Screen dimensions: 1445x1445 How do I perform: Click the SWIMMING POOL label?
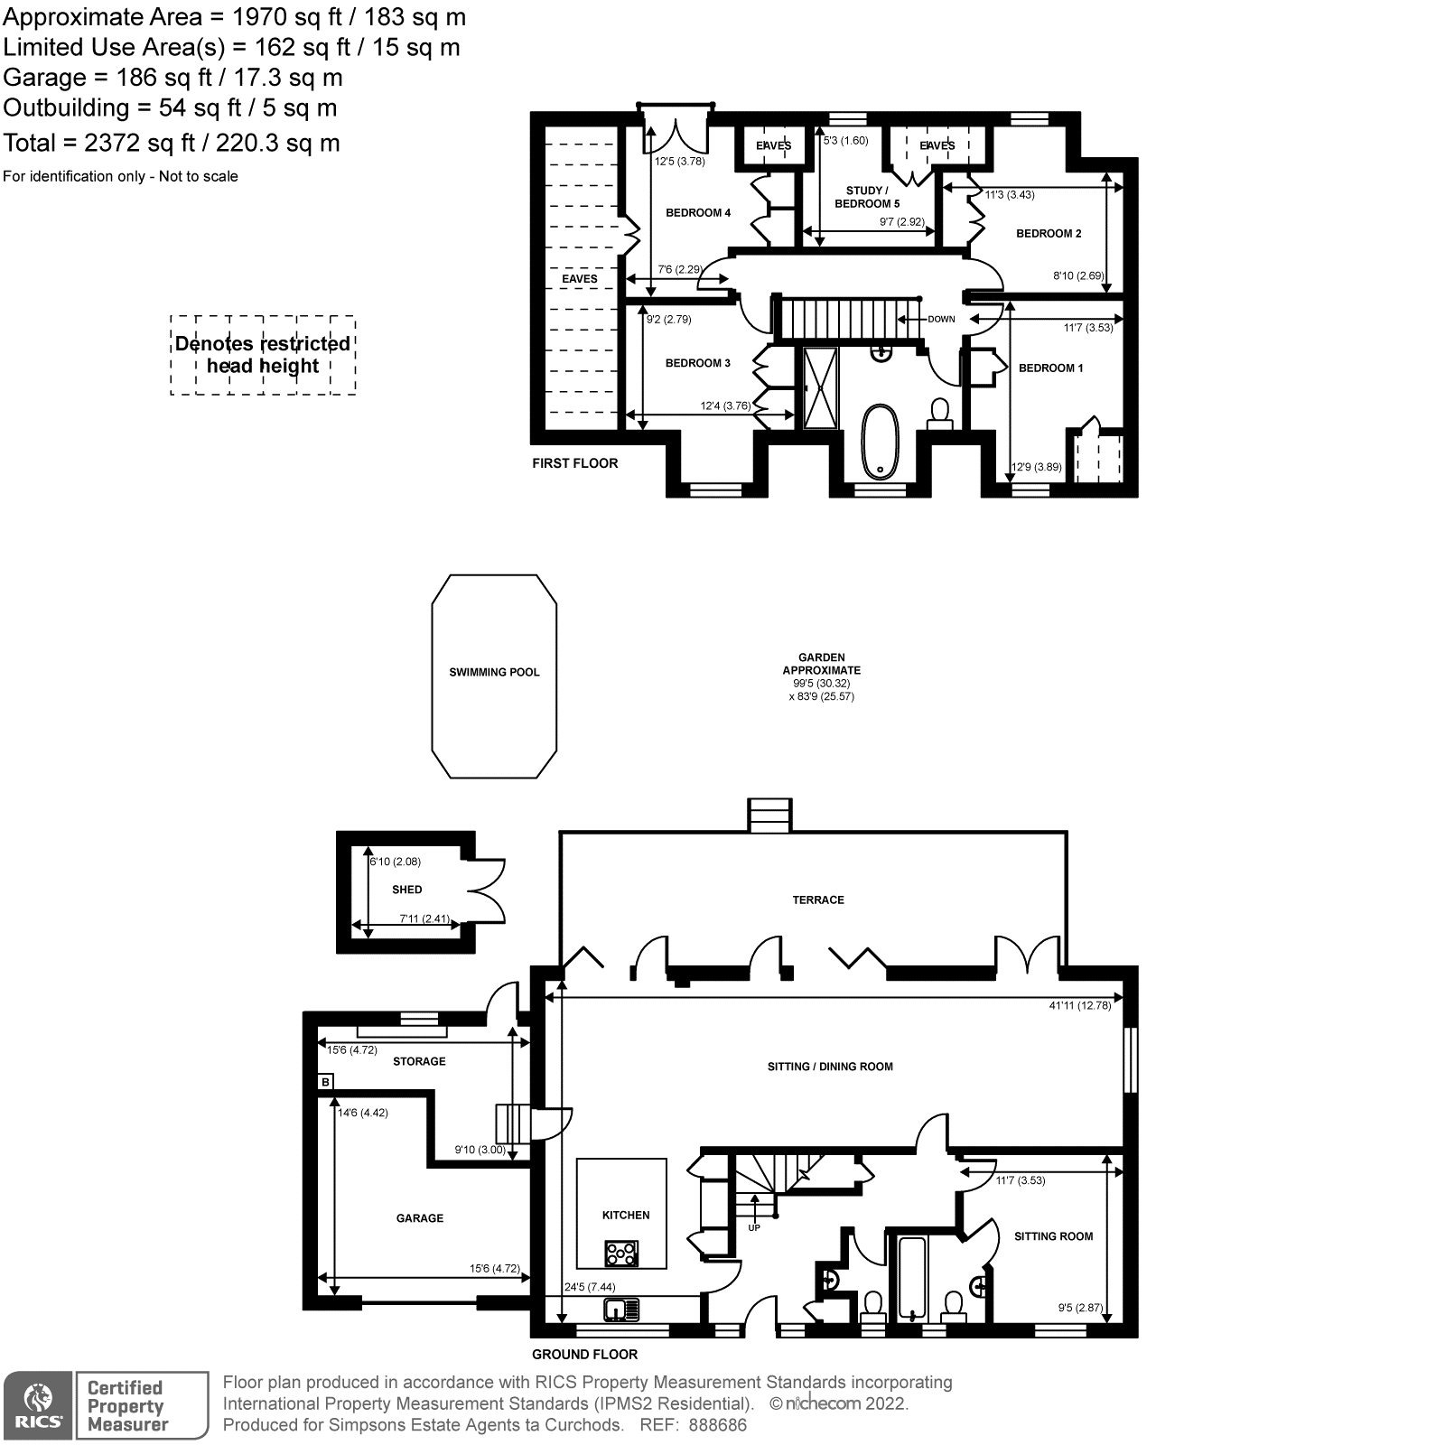tap(494, 672)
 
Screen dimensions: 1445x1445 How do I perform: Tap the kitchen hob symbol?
tap(622, 1254)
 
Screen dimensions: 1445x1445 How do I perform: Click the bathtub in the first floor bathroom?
tap(879, 441)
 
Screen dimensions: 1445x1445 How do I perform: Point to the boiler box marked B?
tap(325, 1081)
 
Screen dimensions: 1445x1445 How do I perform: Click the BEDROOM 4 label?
tap(698, 213)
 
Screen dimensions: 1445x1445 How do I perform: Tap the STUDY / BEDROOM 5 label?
tap(867, 197)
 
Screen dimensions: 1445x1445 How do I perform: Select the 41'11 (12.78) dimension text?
tap(1080, 1005)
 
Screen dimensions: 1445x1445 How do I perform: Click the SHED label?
tap(407, 890)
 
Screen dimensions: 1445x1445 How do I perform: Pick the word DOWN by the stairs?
tap(941, 319)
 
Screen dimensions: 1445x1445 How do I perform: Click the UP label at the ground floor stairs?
tap(754, 1227)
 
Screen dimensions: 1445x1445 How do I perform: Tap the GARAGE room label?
tap(420, 1218)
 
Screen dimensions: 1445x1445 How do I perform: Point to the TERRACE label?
tap(818, 900)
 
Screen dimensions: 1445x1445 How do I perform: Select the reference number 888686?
tap(718, 1425)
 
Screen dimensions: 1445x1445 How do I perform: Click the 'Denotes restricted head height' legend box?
tap(263, 355)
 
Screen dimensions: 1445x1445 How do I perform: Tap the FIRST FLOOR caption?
tap(575, 463)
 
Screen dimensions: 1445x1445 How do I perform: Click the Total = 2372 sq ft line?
tap(172, 143)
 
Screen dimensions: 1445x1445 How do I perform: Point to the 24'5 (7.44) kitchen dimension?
tap(591, 1287)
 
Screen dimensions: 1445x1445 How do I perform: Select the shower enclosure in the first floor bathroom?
tap(821, 387)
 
